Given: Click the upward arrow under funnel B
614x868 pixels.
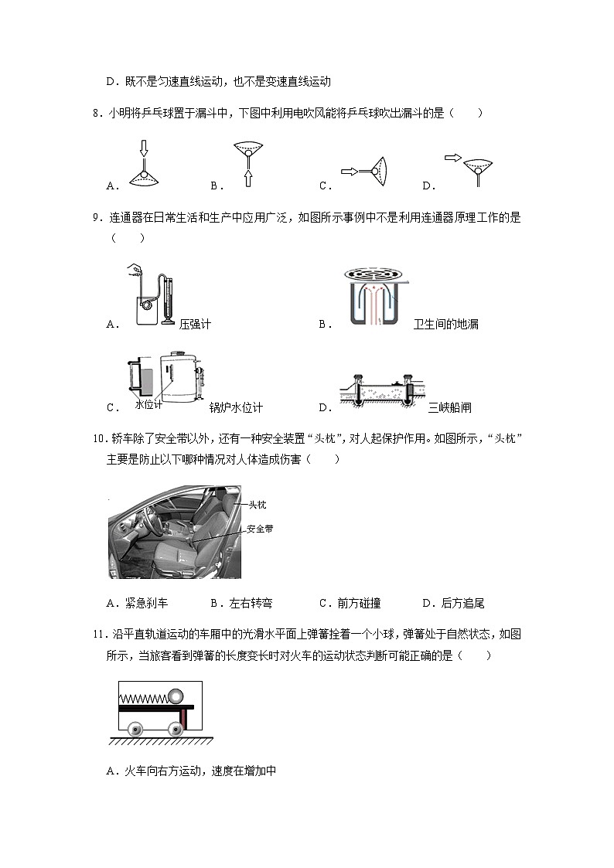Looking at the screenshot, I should (247, 179).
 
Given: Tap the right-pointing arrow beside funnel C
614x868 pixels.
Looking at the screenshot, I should (349, 171).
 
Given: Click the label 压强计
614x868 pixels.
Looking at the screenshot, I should (195, 325).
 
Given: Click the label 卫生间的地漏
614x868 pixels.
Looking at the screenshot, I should (446, 325).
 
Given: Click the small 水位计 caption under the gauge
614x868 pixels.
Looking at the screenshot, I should (148, 404).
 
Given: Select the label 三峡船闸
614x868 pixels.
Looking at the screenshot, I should (449, 408).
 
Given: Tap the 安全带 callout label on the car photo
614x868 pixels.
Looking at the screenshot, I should (259, 529).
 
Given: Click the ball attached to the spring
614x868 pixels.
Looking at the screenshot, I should (176, 696).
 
